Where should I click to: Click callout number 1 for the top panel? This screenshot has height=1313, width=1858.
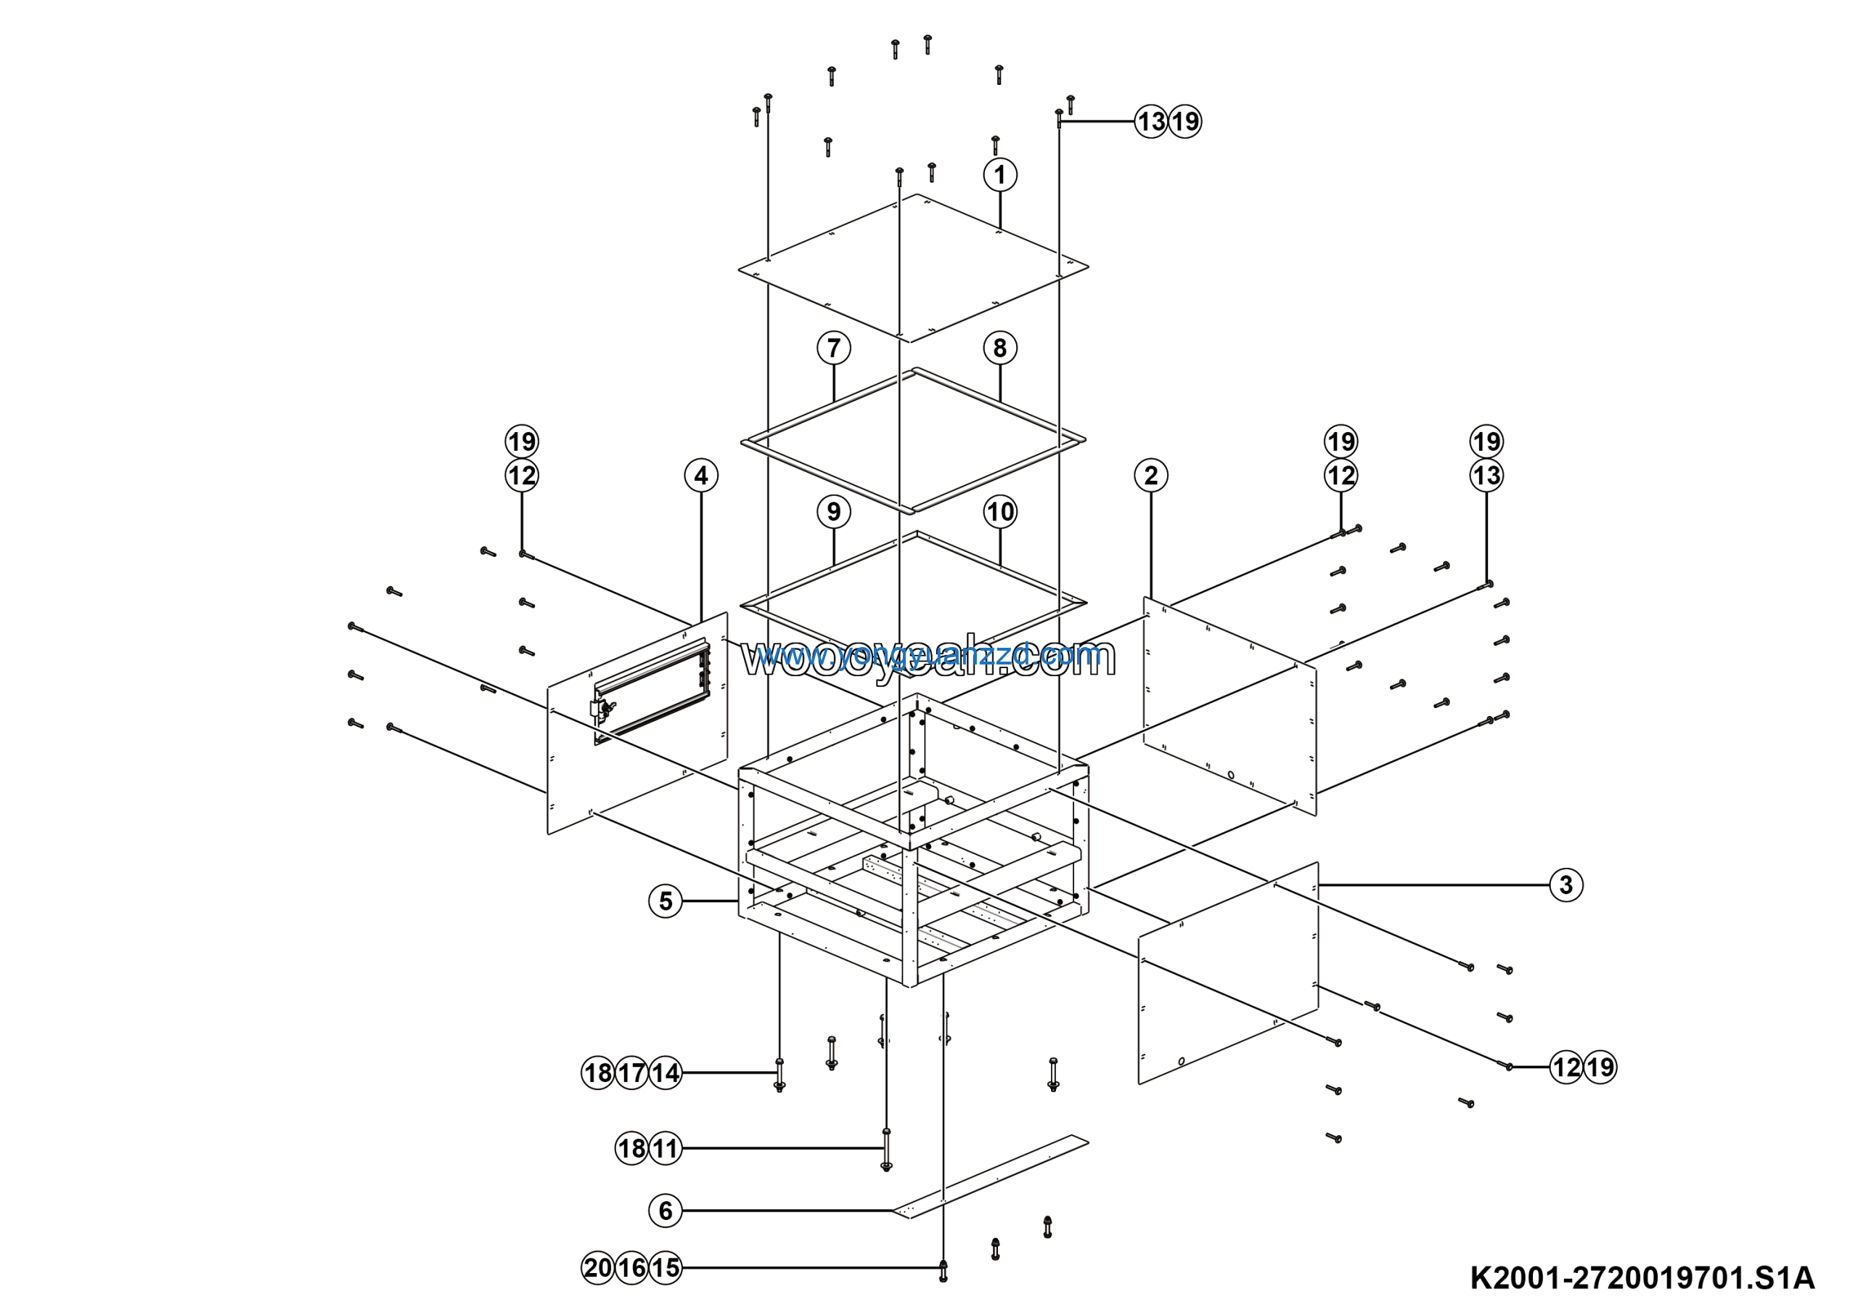(x=1000, y=175)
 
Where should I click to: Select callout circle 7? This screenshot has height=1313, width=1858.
(x=833, y=348)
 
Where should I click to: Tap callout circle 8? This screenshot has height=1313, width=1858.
(x=1000, y=348)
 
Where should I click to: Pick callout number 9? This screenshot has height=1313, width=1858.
(x=833, y=511)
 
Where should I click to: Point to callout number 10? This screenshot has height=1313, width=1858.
(x=1000, y=511)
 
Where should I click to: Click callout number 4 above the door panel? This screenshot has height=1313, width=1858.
(x=701, y=475)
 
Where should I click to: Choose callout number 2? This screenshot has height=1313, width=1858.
(x=1151, y=475)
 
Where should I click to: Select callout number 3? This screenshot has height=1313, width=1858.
(x=1566, y=885)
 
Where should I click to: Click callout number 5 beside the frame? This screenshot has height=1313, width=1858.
(x=666, y=901)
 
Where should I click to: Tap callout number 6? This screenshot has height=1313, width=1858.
(x=666, y=1211)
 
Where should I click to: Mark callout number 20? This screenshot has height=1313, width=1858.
(x=598, y=1268)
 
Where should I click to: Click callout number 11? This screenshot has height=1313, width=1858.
(x=666, y=1148)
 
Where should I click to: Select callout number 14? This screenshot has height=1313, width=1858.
(x=666, y=1073)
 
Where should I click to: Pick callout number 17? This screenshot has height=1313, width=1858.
(x=631, y=1073)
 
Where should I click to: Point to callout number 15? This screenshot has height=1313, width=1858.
(x=666, y=1268)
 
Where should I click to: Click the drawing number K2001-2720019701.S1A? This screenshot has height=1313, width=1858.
(x=1642, y=1278)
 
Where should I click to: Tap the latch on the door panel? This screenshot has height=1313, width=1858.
(x=604, y=711)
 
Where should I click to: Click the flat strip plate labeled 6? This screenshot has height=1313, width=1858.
(x=991, y=1177)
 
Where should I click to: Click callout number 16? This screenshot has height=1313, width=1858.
(x=631, y=1268)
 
